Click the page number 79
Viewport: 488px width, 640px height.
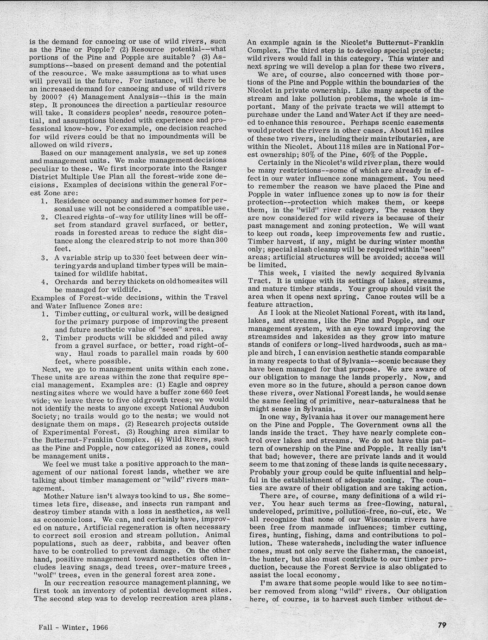coord(441,625)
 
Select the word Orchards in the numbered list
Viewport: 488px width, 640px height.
coord(71,281)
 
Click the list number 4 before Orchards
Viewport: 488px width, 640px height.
coord(43,281)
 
